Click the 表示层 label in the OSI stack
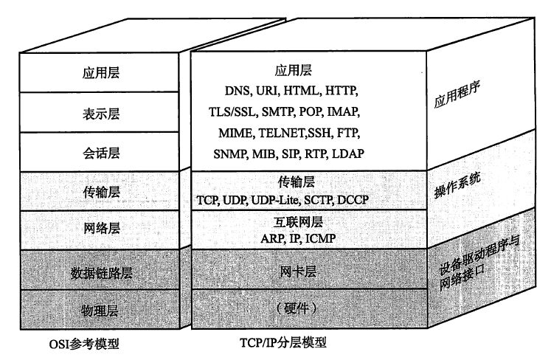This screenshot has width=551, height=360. (x=101, y=114)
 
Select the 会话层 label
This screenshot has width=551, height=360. (x=101, y=153)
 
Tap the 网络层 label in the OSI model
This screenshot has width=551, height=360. (x=102, y=228)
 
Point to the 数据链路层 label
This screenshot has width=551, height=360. (x=101, y=273)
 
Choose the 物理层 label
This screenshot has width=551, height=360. (x=100, y=311)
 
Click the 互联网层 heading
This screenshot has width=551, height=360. (x=298, y=222)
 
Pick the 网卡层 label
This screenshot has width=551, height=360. (x=298, y=271)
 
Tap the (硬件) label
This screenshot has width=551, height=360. (x=297, y=308)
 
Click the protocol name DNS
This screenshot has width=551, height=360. (x=238, y=91)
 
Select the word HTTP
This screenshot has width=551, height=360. (x=341, y=90)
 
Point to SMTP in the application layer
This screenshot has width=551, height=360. (x=278, y=111)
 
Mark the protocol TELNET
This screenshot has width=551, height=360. (x=283, y=133)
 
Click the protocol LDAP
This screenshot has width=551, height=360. (x=348, y=153)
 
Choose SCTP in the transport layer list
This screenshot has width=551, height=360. (x=318, y=200)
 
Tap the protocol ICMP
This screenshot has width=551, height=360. (x=320, y=238)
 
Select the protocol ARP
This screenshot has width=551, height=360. (x=273, y=238)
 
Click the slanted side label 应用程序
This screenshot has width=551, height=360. (x=457, y=95)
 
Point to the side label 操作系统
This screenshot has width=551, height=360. (x=457, y=185)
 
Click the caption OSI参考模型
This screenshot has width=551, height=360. (x=84, y=344)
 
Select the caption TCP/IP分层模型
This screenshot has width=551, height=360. (x=283, y=342)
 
